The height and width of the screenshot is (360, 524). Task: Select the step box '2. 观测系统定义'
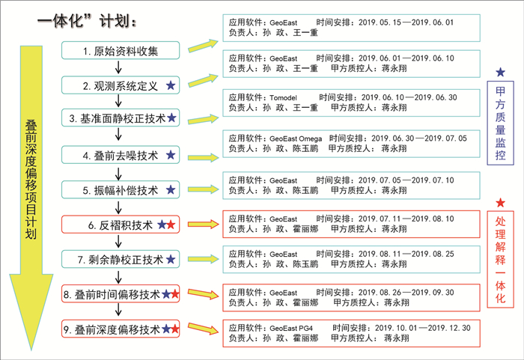(x=120, y=86)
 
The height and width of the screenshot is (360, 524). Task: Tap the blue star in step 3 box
(x=171, y=118)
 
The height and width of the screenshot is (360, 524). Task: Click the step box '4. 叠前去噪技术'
(x=120, y=155)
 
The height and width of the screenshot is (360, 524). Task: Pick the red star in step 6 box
(x=172, y=225)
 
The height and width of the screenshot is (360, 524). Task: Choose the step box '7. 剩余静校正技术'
(x=120, y=260)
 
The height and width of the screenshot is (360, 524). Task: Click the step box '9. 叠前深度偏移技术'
(x=120, y=329)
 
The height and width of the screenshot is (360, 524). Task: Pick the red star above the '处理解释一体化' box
(x=500, y=202)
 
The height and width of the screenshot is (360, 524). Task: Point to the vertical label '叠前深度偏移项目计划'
(x=31, y=168)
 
